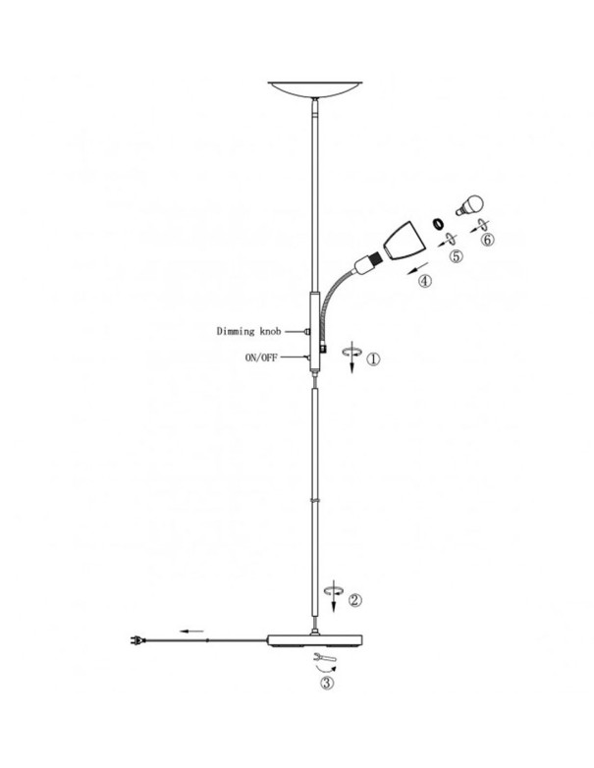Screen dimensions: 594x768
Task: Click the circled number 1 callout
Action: point(373,359)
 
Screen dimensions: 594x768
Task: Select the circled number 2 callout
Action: point(355,599)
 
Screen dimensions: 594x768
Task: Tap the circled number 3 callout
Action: point(327,682)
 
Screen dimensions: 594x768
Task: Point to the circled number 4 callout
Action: point(425,281)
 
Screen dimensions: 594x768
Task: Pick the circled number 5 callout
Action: point(457,255)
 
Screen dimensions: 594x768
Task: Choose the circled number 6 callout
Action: point(488,240)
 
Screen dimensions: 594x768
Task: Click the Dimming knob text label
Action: point(248,332)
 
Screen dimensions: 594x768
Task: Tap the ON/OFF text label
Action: point(261,357)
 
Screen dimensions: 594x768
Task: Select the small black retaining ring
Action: point(438,223)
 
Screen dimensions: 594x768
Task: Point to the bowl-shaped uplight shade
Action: point(316,89)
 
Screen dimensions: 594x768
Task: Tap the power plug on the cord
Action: point(137,639)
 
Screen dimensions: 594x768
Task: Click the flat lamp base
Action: point(315,640)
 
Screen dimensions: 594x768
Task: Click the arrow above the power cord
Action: point(192,631)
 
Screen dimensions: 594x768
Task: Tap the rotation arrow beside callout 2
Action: point(334,595)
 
